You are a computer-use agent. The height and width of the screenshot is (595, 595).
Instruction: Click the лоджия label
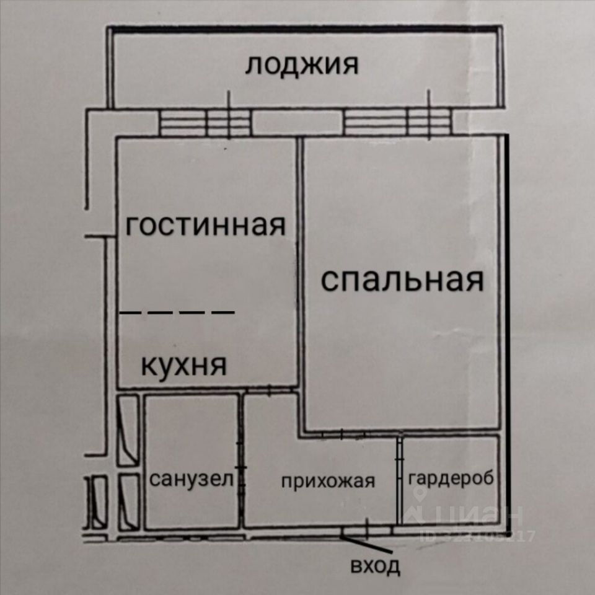click(301, 64)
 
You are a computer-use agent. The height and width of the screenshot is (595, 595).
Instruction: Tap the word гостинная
click(206, 226)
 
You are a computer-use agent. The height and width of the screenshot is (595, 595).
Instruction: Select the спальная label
click(402, 280)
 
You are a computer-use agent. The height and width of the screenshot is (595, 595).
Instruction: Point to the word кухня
click(184, 365)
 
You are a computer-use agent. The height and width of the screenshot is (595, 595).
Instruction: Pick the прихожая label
click(328, 481)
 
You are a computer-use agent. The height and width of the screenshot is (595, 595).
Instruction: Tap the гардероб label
click(451, 478)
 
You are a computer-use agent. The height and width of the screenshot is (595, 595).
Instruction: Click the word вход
click(376, 566)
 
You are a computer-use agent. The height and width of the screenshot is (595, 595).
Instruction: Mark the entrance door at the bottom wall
click(367, 531)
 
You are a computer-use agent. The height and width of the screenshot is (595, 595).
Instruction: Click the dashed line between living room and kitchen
click(177, 312)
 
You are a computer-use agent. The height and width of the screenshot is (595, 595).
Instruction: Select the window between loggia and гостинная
click(205, 122)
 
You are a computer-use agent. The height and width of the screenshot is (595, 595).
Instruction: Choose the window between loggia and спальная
click(397, 122)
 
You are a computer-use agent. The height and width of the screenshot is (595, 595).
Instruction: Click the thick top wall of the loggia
click(304, 28)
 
